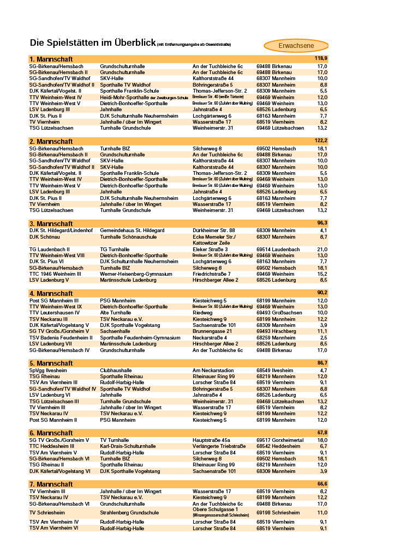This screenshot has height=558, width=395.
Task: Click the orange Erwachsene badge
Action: coord(296,46)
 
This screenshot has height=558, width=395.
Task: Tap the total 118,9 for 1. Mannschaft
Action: coord(321,58)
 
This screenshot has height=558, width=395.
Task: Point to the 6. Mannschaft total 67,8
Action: coord(321,433)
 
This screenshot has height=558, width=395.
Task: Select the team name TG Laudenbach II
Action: coord(50,250)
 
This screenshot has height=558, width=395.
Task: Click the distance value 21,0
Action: coord(322,250)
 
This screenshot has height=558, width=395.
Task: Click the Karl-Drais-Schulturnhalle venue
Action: coord(128,446)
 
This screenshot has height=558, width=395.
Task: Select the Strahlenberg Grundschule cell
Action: coord(129,513)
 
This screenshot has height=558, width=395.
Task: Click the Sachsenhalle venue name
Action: coord(115,331)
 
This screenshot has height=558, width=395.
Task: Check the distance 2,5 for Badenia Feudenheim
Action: coord(323,338)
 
